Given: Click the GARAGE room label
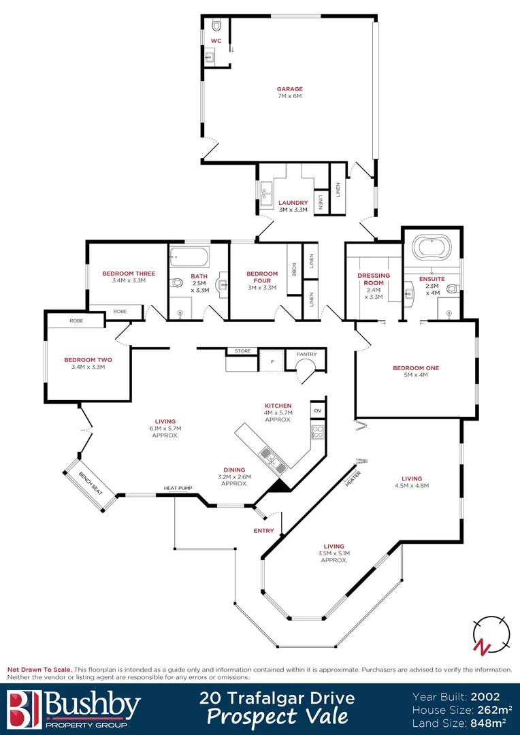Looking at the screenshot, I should (289, 88).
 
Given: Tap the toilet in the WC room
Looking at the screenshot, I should (216, 25).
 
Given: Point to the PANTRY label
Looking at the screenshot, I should (306, 354).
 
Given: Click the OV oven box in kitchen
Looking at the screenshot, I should (318, 411).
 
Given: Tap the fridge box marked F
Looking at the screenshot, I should (272, 361).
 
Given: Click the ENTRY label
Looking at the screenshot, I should (264, 531).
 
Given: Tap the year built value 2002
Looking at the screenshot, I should (485, 697).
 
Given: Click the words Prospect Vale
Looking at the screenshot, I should (277, 717).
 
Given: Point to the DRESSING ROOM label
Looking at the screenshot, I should (374, 279).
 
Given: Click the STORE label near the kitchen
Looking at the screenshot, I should (242, 351).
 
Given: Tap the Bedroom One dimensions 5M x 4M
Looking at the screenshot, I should (415, 376).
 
